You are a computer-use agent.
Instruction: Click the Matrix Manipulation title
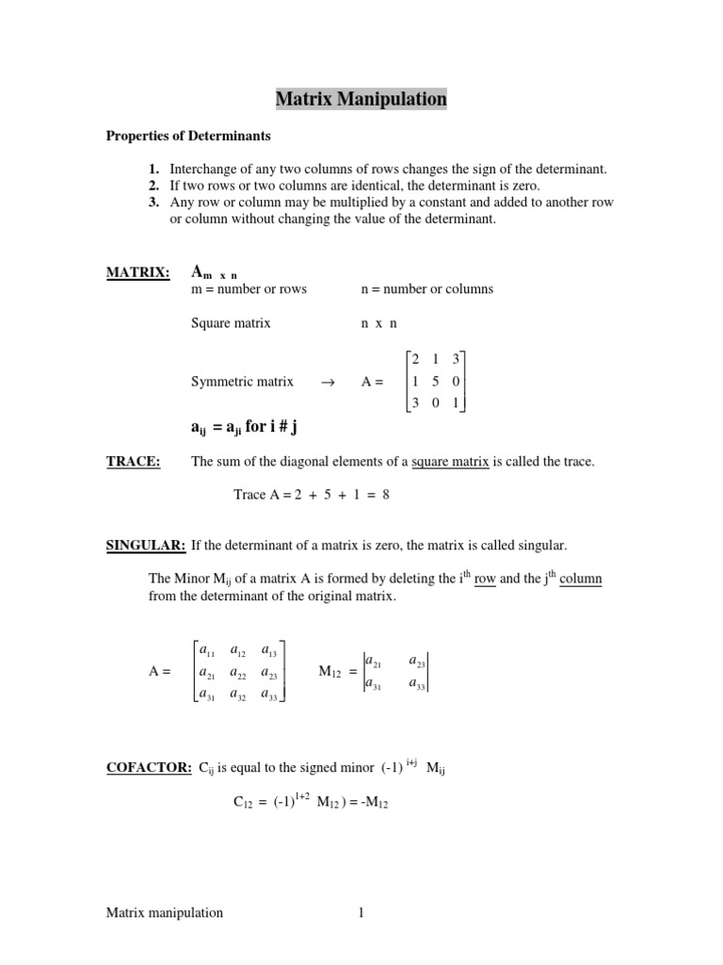pos(361,98)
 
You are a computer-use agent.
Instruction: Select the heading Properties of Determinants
pos(187,136)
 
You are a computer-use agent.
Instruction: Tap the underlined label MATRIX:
pos(137,273)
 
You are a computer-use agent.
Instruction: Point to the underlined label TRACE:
pos(133,462)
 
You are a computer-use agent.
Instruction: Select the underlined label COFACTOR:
pos(149,769)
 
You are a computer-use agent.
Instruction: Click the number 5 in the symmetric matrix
pos(436,382)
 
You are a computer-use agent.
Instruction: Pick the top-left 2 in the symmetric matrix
pos(415,359)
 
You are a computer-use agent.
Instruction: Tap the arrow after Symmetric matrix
pos(328,383)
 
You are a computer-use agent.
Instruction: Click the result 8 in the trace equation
pos(386,495)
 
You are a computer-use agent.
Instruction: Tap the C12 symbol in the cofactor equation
pos(244,803)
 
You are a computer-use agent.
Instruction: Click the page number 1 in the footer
pos(360,912)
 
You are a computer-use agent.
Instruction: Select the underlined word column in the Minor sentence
pos(580,579)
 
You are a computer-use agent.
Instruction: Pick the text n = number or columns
pos(427,289)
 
